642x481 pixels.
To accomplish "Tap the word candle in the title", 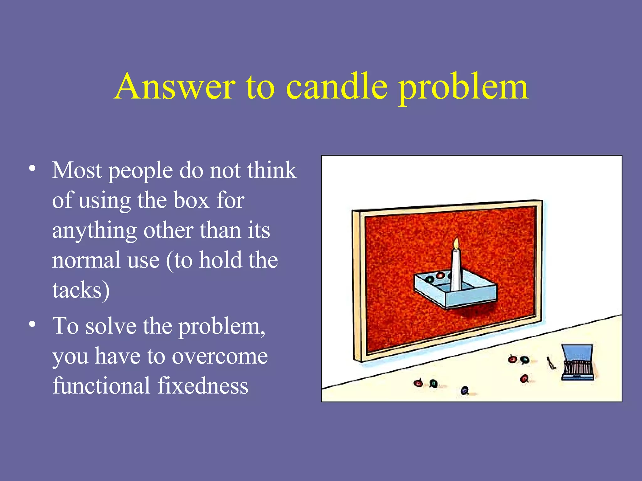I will [337, 87].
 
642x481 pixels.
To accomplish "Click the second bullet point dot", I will [32, 324].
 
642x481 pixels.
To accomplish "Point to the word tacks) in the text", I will [81, 290].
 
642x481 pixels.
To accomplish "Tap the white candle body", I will [456, 269].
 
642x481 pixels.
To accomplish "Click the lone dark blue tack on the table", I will [465, 390].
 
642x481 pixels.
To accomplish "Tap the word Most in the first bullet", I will [77, 170].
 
